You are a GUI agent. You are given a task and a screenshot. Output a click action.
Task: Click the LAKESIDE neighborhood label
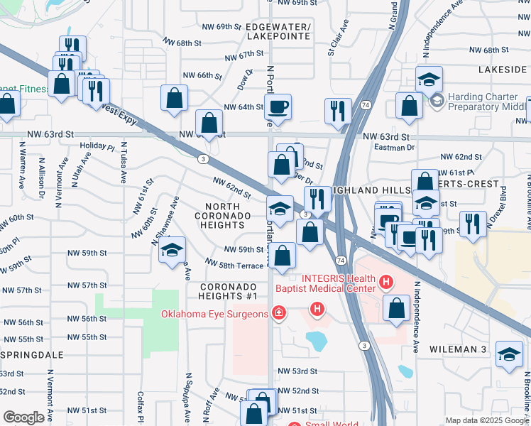click(502, 70)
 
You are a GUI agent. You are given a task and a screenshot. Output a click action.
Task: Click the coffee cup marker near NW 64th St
click(278, 107)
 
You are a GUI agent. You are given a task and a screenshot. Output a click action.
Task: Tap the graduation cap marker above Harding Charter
click(429, 80)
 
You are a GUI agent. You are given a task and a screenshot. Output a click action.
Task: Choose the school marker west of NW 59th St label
click(172, 251)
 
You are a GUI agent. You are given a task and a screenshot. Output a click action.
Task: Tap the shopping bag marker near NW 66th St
click(174, 99)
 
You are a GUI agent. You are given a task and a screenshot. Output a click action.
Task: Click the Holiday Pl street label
click(97, 146)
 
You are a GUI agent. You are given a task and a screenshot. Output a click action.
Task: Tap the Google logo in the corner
click(24, 417)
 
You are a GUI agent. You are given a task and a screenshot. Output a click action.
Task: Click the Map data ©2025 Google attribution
click(486, 420)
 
